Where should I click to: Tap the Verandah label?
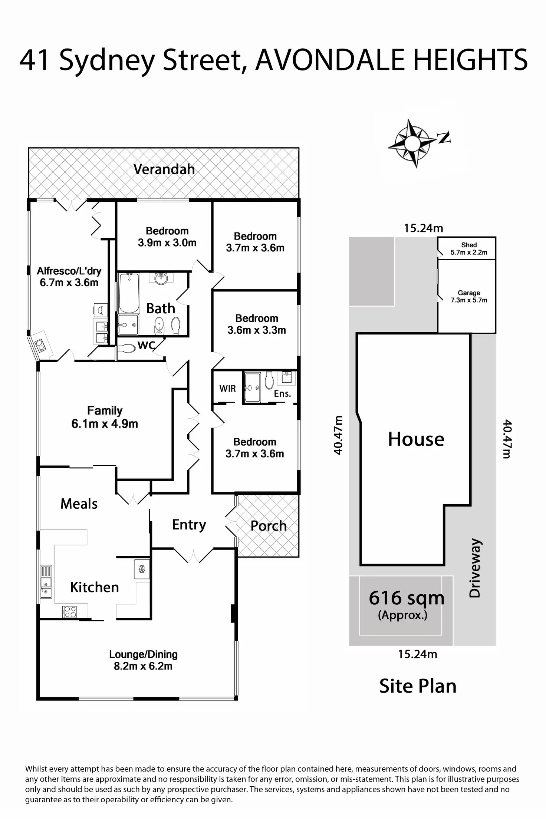(x=164, y=169)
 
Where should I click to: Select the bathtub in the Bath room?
(x=129, y=293)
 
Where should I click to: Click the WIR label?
(x=227, y=389)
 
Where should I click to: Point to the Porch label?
(x=269, y=526)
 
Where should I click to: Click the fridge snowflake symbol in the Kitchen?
(x=142, y=569)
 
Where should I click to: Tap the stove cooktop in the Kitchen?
(x=70, y=611)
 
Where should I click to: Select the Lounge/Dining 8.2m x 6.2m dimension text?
(x=143, y=666)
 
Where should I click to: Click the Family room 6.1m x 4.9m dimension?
(x=105, y=423)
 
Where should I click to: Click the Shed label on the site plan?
(x=469, y=245)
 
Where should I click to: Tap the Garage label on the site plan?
(x=469, y=293)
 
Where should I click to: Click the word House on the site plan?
(x=416, y=439)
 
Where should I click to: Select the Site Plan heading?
(x=418, y=686)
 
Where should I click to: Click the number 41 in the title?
(x=34, y=60)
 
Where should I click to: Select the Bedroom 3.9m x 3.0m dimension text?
(x=167, y=243)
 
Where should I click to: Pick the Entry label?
(x=189, y=525)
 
